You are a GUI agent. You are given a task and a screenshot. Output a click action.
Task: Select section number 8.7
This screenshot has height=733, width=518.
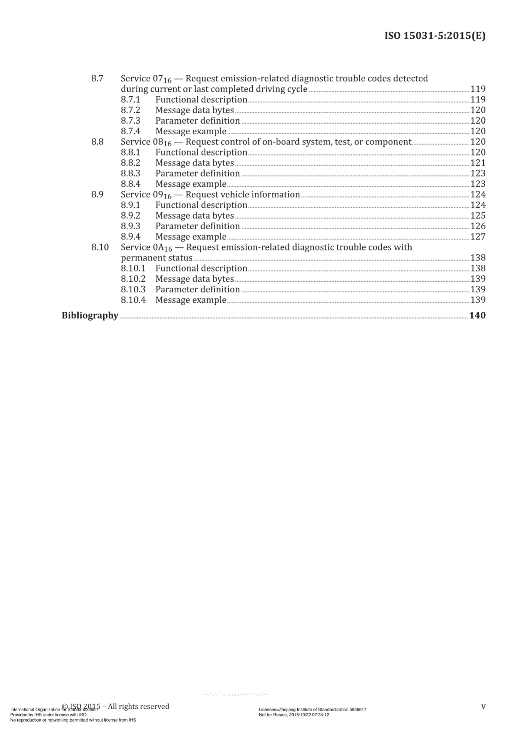97,78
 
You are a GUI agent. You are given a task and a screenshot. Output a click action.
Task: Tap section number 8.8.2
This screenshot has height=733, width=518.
131,163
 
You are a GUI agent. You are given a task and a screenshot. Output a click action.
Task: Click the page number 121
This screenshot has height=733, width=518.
478,163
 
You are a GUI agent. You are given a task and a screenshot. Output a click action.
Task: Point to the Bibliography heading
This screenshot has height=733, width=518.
90,316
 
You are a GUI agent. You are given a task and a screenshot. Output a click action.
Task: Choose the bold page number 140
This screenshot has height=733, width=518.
478,316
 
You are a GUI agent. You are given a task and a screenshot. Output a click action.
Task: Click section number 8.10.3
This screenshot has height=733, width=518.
133,289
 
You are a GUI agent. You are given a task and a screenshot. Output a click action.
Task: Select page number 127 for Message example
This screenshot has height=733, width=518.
478,237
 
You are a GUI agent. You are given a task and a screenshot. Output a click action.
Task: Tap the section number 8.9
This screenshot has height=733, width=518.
97,195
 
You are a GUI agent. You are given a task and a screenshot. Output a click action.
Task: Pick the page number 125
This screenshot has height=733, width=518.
478,216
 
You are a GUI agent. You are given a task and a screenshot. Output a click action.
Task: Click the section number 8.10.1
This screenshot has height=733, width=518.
133,268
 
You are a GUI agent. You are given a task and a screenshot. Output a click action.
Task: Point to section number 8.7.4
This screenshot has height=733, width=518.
131,131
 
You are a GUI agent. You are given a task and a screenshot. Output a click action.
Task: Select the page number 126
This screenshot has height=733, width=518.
478,226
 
